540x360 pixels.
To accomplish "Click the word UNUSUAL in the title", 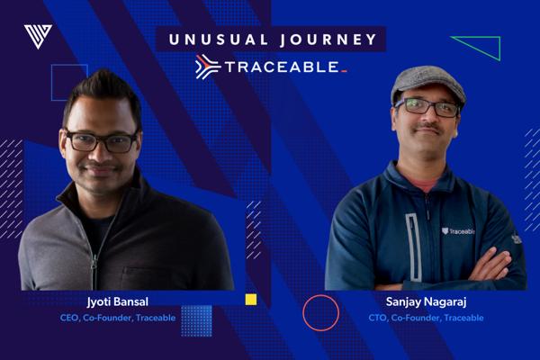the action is click(219, 40).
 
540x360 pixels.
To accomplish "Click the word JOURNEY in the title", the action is click(328, 40).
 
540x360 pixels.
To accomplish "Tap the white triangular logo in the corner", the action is click(38, 36).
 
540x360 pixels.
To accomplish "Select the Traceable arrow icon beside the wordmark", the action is click(208, 67).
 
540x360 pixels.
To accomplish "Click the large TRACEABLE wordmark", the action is click(282, 67).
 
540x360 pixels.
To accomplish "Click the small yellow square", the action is click(251, 300).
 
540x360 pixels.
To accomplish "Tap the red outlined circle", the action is click(321, 295).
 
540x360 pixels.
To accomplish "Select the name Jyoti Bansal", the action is click(118, 302).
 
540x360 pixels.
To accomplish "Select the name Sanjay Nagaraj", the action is click(426, 302).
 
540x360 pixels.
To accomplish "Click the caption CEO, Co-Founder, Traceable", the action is click(118, 318).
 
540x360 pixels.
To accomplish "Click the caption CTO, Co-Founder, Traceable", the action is click(426, 318).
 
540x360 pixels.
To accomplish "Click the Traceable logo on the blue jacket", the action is click(458, 231).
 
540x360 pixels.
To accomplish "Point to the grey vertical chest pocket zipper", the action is click(412, 247).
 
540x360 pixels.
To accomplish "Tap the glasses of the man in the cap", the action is click(427, 107).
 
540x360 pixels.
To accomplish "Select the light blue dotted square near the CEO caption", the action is click(196, 320).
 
